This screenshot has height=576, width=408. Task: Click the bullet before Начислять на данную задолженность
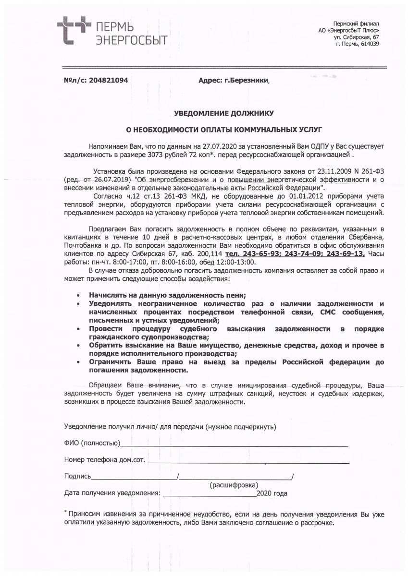coord(78,295)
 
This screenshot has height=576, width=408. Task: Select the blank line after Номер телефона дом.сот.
coord(247,462)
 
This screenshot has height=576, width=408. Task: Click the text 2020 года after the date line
coord(272,493)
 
